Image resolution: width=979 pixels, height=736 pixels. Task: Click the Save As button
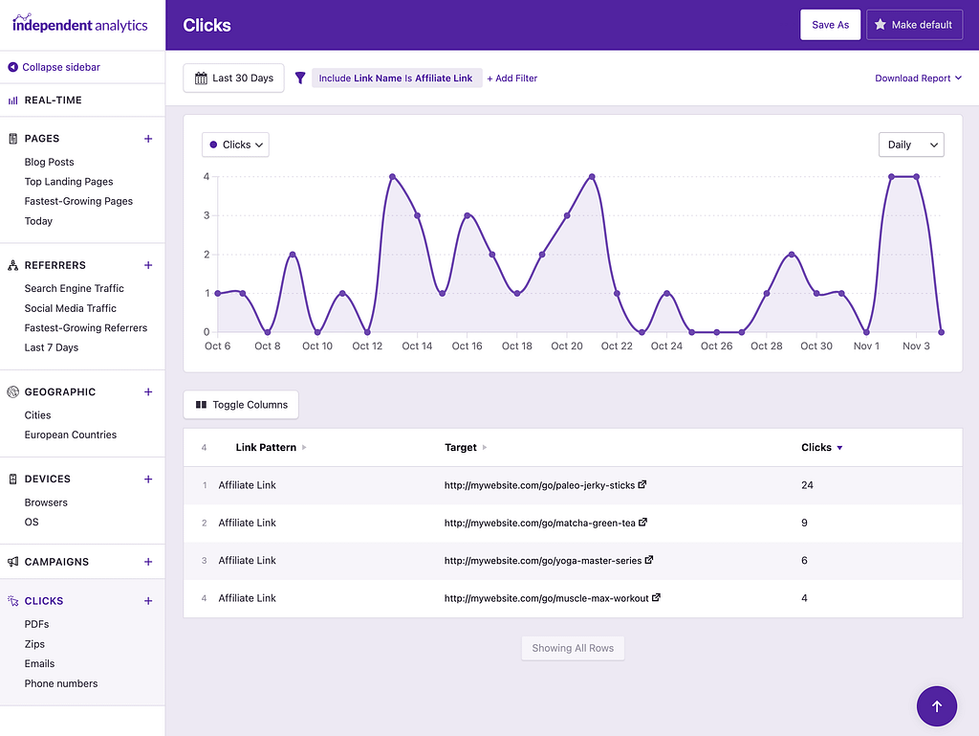[830, 25]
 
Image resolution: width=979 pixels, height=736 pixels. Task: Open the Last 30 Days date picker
[234, 78]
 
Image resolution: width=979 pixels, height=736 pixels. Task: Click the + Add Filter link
[511, 78]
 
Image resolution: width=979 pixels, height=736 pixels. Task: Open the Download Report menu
[918, 78]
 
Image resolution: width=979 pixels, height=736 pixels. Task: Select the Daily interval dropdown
[910, 145]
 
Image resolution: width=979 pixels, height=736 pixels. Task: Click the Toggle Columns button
[241, 405]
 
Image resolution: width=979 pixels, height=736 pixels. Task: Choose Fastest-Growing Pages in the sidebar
[78, 201]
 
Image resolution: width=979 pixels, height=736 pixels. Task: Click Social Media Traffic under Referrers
[70, 308]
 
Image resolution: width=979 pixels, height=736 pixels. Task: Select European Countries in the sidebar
[71, 435]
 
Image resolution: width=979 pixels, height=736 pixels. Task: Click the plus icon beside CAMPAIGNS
[148, 562]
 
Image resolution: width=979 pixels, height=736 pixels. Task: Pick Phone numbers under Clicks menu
[61, 683]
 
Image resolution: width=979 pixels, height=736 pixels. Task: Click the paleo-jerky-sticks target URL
[539, 485]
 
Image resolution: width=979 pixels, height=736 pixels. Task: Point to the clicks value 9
[805, 523]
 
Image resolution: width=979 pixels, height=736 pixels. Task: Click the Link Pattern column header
[266, 447]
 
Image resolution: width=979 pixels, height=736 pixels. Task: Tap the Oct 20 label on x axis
[567, 346]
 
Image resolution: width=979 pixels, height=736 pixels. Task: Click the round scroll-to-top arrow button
[936, 706]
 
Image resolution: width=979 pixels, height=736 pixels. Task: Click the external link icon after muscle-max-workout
[656, 597]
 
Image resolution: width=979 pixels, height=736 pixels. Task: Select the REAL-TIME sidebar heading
[53, 100]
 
